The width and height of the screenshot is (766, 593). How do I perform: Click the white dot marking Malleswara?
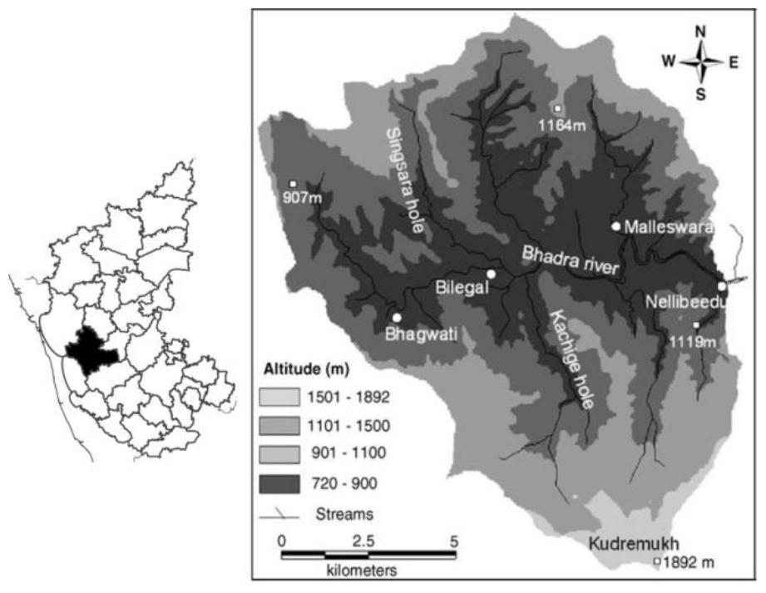(x=615, y=225)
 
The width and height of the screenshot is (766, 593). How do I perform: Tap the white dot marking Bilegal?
(x=492, y=274)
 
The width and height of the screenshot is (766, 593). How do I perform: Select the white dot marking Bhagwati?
(x=397, y=318)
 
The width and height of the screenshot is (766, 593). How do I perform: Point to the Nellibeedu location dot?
(x=722, y=286)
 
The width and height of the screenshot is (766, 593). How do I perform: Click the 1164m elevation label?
(x=557, y=126)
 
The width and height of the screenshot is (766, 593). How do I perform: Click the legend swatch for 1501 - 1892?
(x=284, y=398)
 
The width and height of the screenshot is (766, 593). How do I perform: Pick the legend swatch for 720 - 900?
(x=284, y=482)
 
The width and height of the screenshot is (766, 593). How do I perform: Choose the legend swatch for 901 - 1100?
(x=284, y=453)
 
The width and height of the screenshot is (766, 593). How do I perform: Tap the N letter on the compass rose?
(x=700, y=32)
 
